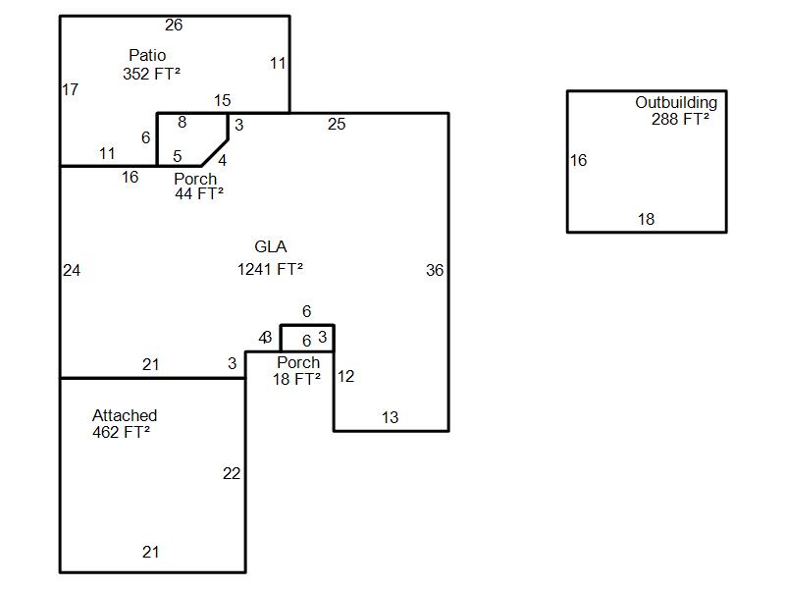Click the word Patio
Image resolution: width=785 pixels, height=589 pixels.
coord(147,55)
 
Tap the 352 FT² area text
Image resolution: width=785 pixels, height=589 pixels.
coord(151,74)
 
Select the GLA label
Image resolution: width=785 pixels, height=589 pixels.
coord(271,247)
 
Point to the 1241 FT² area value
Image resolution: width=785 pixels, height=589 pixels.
coord(270,269)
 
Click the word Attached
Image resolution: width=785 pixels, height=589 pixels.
coord(125,415)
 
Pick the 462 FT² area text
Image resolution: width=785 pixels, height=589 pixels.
coord(121,432)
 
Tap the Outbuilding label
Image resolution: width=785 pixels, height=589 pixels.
coord(676,102)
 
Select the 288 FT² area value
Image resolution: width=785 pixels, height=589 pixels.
coord(680,120)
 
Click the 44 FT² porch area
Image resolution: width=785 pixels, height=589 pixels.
coord(199,194)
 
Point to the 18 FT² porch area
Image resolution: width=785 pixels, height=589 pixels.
coord(296,379)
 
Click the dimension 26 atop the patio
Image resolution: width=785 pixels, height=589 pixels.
coord(174,26)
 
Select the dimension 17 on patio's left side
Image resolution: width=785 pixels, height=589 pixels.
coord(70,90)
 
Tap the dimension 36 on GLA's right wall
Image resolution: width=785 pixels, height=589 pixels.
coord(435,271)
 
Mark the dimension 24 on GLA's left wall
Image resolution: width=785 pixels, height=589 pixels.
coord(72,271)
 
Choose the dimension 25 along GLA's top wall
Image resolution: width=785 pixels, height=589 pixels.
coord(337,125)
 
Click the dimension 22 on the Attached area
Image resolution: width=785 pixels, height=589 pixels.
coord(231,474)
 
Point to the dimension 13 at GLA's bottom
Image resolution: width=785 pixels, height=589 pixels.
coord(390,418)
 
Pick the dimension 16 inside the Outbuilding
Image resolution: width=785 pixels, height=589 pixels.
coord(578,161)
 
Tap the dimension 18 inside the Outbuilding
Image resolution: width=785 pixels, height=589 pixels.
coord(646,220)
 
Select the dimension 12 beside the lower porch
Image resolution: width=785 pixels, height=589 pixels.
coord(345,376)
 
